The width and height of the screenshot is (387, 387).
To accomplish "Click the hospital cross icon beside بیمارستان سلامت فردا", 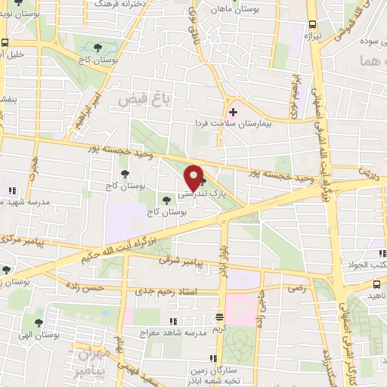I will (234, 113).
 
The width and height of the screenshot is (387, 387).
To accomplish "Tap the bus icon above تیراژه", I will (310, 23).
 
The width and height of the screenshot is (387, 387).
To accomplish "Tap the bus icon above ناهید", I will (376, 284).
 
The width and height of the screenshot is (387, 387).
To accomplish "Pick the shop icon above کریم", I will (219, 317).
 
